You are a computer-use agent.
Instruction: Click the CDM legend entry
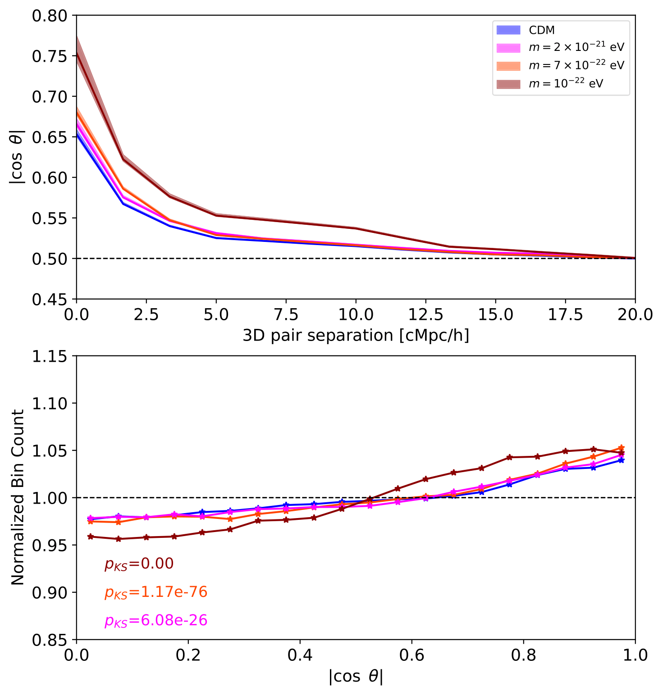point(541,30)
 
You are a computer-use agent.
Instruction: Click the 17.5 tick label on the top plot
point(565,314)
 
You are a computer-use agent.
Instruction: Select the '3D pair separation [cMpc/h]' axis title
point(356,336)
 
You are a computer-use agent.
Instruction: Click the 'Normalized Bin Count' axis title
point(18,497)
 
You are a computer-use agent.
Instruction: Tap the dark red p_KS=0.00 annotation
point(139,564)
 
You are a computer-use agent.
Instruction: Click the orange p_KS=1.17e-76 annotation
point(156,592)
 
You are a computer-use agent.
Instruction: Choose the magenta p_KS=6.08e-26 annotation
point(156,621)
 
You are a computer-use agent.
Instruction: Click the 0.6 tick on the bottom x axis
point(412,655)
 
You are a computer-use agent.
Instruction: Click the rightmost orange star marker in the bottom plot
point(621,448)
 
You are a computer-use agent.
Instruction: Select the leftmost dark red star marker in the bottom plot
point(91,537)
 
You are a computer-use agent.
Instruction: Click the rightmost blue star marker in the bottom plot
point(621,460)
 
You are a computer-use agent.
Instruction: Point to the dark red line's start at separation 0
point(77,52)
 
